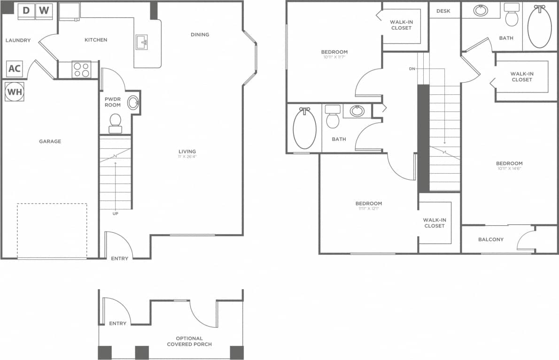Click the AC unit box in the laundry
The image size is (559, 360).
pos(15,69)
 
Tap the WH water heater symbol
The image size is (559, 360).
pos(15,92)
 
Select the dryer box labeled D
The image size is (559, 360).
pos(26,10)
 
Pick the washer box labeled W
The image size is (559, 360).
pos(44,10)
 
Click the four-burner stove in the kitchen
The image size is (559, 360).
pos(81,69)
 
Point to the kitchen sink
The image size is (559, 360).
pos(142,42)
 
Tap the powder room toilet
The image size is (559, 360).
pos(115,123)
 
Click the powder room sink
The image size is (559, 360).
pos(133,103)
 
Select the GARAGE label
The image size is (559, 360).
pos(50,141)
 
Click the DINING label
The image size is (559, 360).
pos(200,34)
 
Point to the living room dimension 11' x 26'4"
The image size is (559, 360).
pos(187,157)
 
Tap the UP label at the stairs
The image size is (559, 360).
pos(115,214)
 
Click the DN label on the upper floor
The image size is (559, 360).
pos(412,69)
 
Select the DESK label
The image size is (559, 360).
pos(443,11)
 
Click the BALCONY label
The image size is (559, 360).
pos(490,239)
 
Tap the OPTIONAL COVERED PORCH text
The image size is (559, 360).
pos(189,341)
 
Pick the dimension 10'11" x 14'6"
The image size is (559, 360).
pos(509,169)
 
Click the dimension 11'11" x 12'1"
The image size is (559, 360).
pos(368,208)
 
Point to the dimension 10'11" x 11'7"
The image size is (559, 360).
pos(334,57)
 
